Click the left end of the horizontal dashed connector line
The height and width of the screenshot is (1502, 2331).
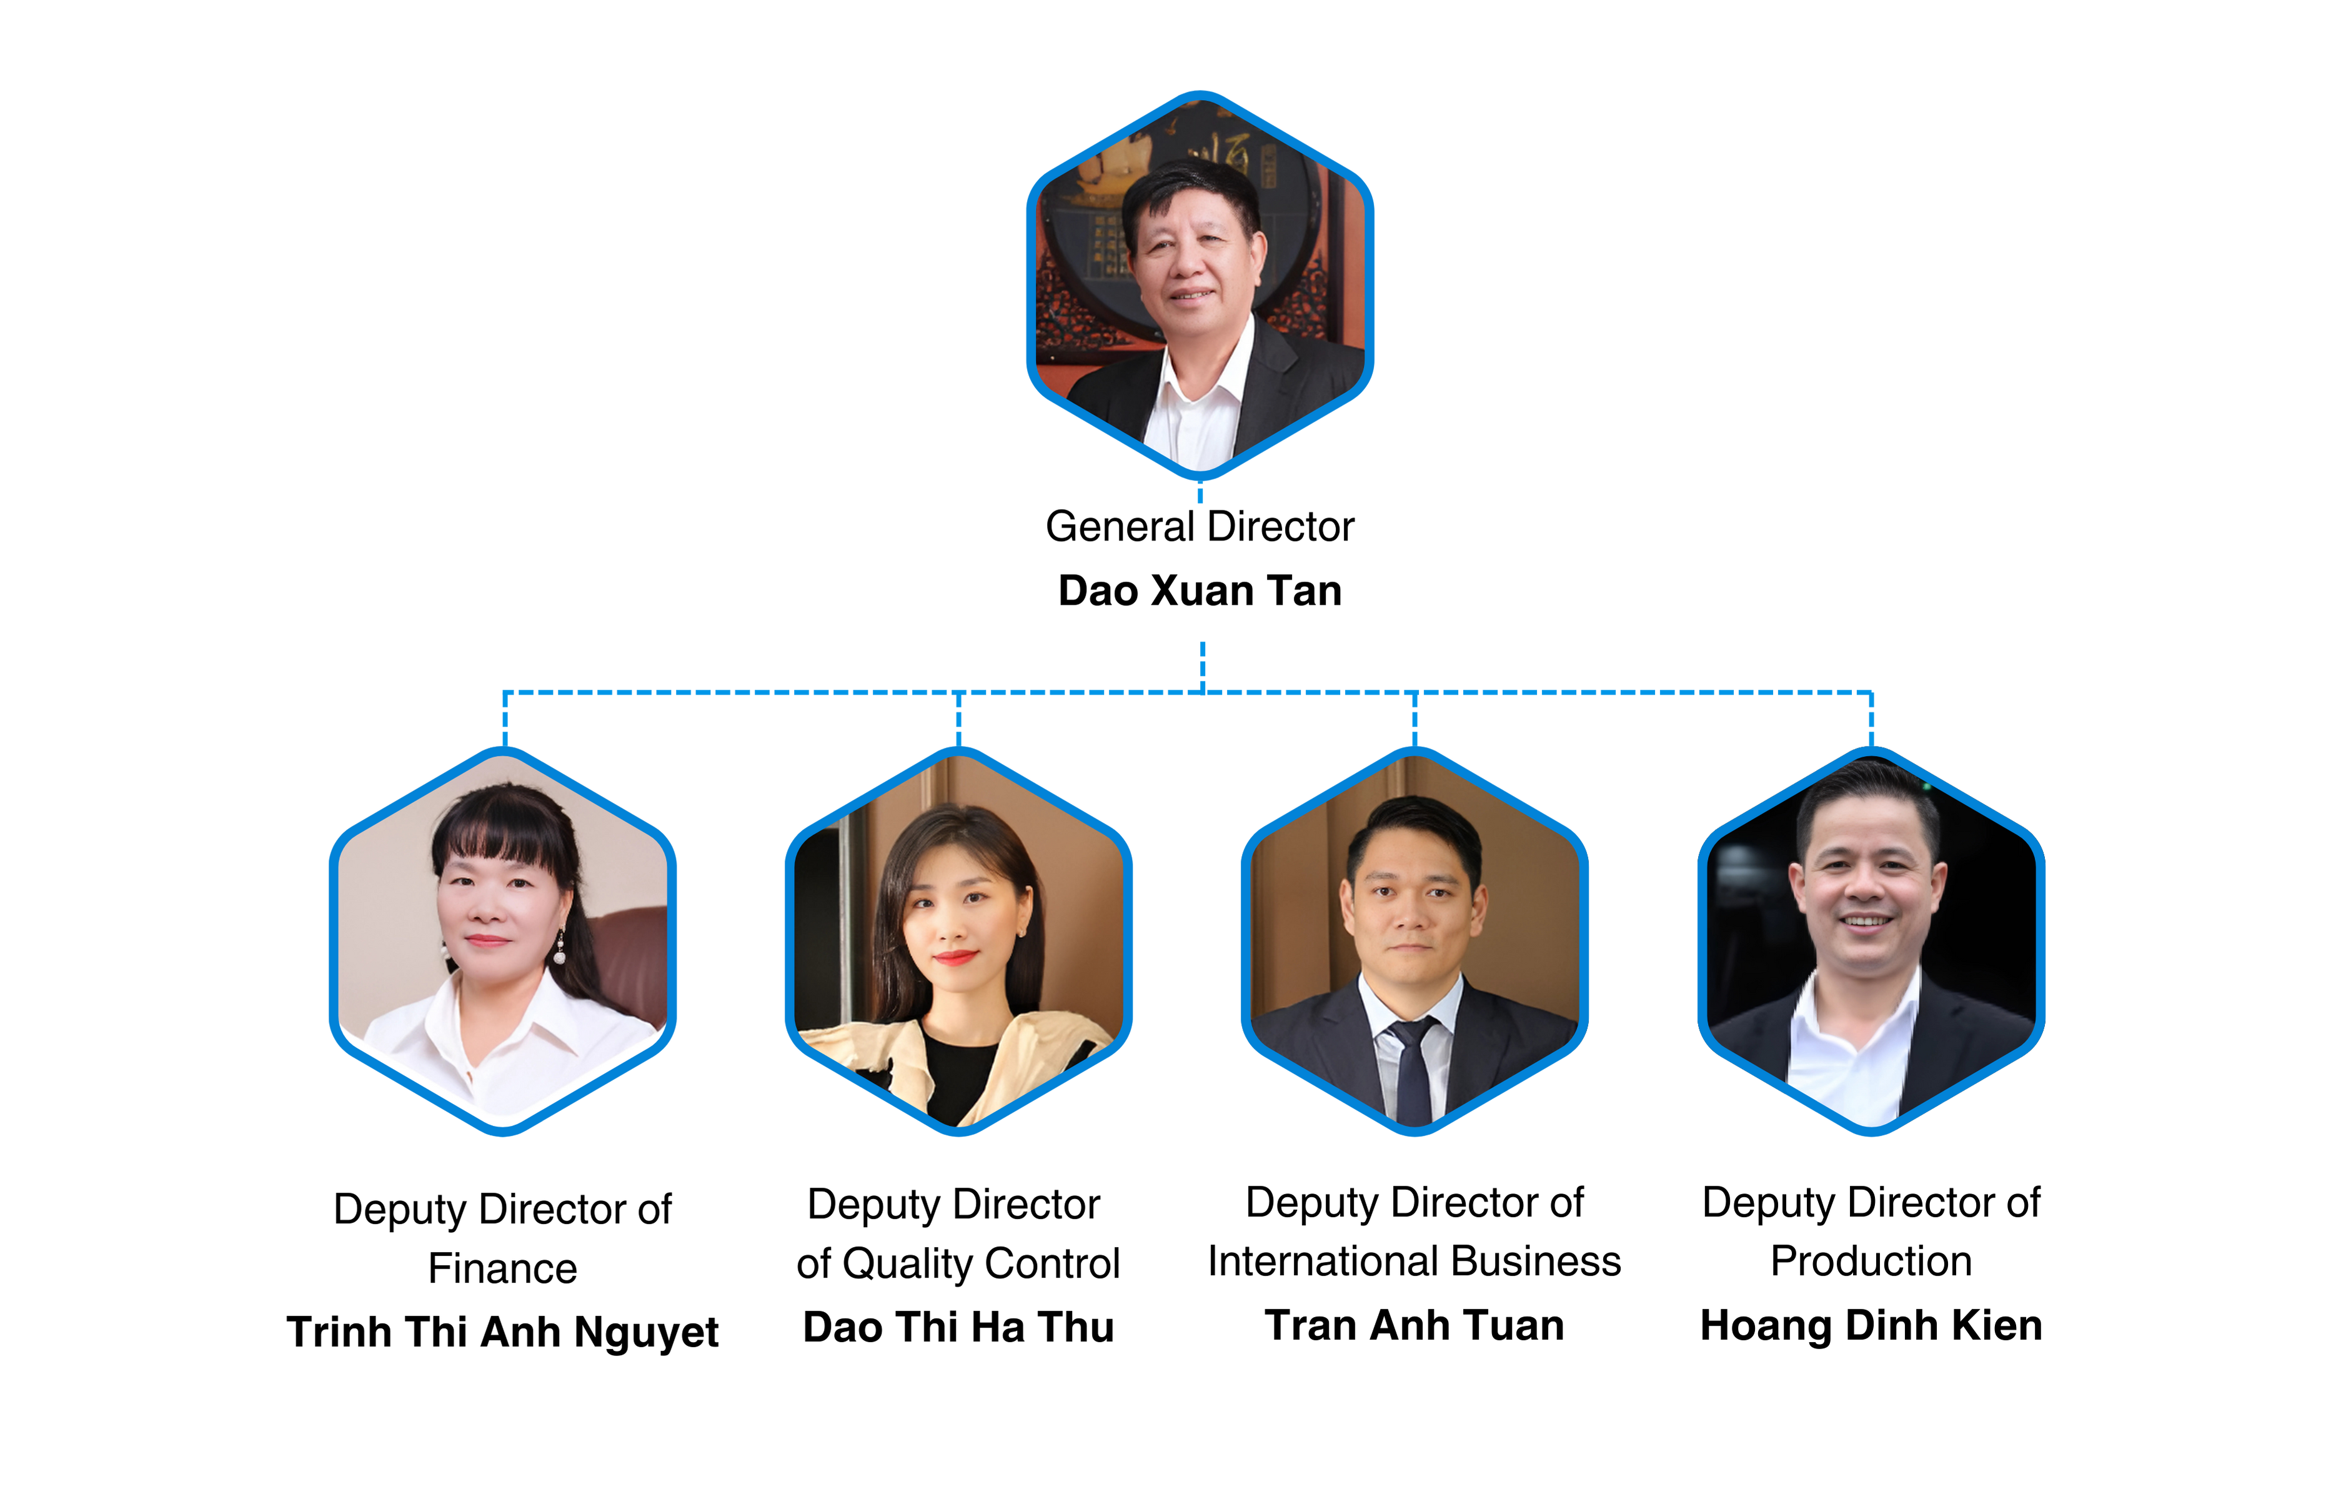(x=504, y=692)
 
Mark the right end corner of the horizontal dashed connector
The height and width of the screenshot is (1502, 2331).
(x=1871, y=692)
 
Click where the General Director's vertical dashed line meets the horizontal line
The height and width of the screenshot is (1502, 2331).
(x=1203, y=692)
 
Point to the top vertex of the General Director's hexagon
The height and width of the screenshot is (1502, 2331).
(x=1200, y=94)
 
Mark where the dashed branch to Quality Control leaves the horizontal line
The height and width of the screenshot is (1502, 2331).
(x=959, y=692)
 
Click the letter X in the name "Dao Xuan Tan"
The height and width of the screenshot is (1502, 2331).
(x=1168, y=591)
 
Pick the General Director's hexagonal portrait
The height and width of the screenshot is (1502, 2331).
(x=1200, y=285)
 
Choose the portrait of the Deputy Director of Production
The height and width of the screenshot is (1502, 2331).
(x=1871, y=941)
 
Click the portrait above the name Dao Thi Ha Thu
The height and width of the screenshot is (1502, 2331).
(x=959, y=941)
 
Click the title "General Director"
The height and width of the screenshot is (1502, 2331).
(x=1200, y=527)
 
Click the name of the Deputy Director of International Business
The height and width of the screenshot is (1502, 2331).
(x=1414, y=1325)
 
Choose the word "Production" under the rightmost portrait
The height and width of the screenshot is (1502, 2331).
(x=1871, y=1261)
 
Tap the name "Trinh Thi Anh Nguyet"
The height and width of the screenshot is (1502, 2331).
(x=502, y=1332)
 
